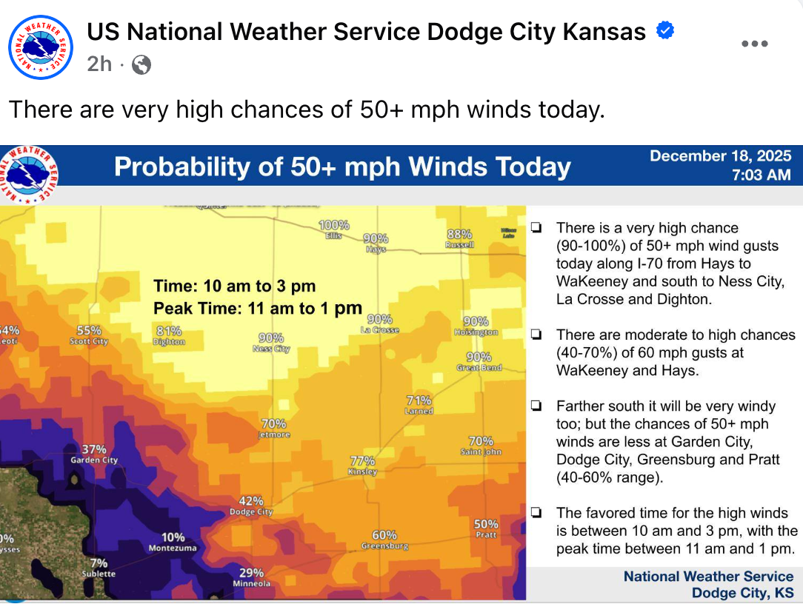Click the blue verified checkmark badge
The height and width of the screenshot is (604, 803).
[665, 31]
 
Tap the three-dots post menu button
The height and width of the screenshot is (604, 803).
[754, 44]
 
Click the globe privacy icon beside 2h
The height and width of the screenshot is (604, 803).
[141, 65]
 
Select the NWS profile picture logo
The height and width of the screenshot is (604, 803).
[41, 47]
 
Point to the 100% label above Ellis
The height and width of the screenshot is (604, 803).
[334, 225]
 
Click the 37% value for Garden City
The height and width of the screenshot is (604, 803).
[94, 449]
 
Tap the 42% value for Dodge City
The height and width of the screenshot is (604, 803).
[251, 501]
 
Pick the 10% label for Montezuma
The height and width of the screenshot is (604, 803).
[173, 537]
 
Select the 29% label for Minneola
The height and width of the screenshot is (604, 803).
[251, 572]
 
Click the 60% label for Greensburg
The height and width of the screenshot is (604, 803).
[384, 535]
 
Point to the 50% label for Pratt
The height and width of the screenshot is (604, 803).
[486, 524]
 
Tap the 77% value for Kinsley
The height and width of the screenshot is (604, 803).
[363, 460]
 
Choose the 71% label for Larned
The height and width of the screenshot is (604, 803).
[419, 400]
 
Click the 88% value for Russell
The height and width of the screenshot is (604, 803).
[459, 234]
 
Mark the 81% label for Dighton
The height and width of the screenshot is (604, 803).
[169, 331]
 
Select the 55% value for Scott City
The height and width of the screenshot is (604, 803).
[89, 330]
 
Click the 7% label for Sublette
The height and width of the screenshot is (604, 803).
[99, 563]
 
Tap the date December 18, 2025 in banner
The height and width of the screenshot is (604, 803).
[720, 156]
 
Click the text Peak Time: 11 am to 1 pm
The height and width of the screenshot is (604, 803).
[258, 309]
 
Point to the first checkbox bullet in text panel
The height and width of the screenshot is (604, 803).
[536, 228]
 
